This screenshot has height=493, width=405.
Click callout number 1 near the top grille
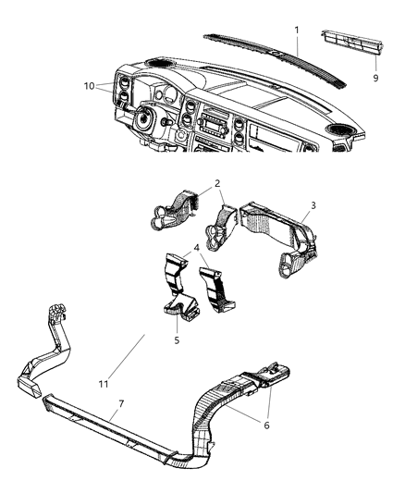pyautogui.click(x=297, y=30)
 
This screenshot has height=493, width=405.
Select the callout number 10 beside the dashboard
pyautogui.click(x=88, y=86)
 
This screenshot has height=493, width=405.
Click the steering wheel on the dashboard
pyautogui.click(x=144, y=119)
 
